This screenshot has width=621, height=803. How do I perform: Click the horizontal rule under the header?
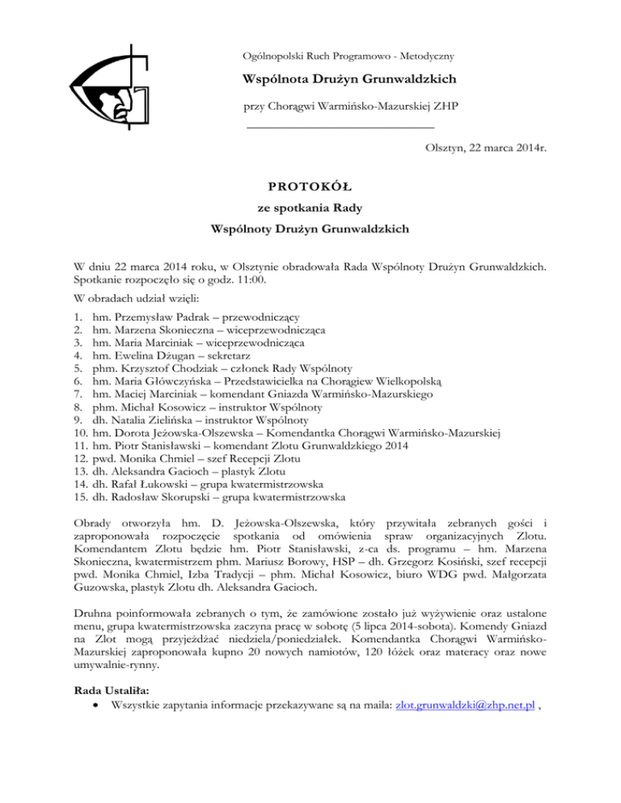click(340, 127)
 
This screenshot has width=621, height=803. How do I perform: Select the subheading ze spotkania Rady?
click(310, 205)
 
